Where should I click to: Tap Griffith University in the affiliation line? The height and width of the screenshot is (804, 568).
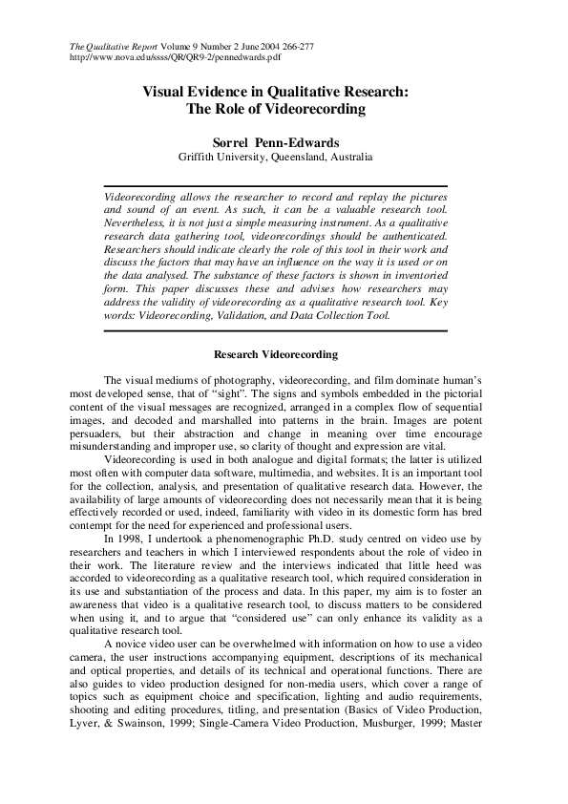220,156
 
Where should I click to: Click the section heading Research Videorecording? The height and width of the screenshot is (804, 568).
276,355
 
